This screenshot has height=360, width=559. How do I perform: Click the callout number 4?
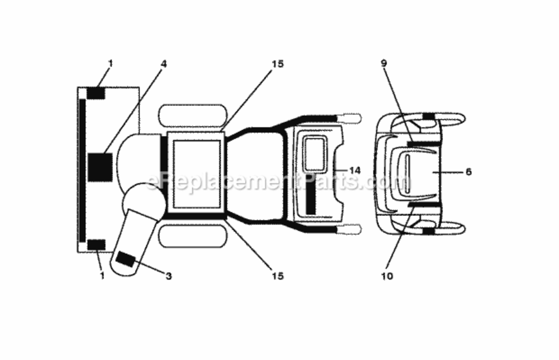click(164, 64)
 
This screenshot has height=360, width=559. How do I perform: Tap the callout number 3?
click(168, 276)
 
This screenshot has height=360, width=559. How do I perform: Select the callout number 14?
click(355, 170)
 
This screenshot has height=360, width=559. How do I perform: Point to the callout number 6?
click(468, 172)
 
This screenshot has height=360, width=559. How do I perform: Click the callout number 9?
click(383, 63)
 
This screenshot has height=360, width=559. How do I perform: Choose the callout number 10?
click(387, 276)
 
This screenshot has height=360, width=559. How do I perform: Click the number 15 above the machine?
click(277, 64)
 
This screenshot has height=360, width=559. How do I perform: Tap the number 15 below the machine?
click(277, 276)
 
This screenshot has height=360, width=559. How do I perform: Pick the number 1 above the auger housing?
click(110, 63)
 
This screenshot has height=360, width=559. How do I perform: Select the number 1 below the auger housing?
click(102, 276)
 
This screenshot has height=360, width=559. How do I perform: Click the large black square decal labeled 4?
click(100, 167)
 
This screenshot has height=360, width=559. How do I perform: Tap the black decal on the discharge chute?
click(126, 259)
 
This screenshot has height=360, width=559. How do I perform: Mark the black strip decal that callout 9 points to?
click(423, 144)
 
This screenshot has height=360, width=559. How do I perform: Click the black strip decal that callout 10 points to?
click(424, 205)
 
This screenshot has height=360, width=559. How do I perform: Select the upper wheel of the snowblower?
click(193, 115)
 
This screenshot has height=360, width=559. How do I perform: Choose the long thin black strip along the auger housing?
click(83, 170)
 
